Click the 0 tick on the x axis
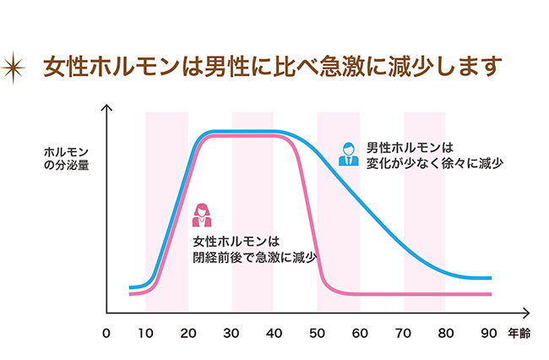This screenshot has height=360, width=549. tap(106, 333)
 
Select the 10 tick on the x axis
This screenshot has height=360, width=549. tap(145, 333)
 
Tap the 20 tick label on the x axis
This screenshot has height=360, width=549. tap(188, 333)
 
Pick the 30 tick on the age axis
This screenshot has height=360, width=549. tap(231, 333)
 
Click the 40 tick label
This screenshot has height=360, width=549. tap(274, 333)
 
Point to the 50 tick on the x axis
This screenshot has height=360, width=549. tap(318, 333)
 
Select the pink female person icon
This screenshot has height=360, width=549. tap(202, 215)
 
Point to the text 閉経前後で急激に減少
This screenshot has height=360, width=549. tap(259, 257)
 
